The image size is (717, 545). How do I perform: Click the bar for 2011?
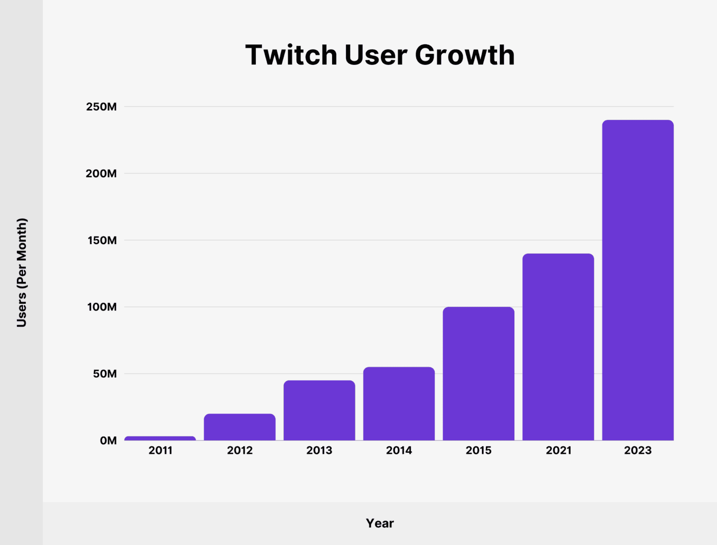(160, 438)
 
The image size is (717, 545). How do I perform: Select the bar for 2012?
(239, 427)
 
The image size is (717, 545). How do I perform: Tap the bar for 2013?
(319, 410)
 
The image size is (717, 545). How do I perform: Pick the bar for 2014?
(399, 404)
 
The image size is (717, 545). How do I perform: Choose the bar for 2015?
(478, 374)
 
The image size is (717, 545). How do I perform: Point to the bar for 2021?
(558, 347)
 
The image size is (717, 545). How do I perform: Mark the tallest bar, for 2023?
(638, 280)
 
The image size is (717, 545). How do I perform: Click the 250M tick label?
(101, 107)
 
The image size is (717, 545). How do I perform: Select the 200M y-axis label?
(101, 173)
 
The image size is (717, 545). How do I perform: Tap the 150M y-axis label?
(101, 240)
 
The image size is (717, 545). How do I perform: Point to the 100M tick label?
(102, 307)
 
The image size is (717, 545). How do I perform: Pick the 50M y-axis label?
(105, 374)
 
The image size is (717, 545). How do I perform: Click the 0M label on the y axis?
(108, 440)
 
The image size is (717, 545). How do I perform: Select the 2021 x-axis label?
(558, 450)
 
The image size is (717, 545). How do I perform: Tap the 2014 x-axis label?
(399, 450)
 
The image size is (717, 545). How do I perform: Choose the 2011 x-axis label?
(160, 450)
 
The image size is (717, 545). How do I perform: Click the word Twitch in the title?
(291, 55)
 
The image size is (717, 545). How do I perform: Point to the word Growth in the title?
(465, 55)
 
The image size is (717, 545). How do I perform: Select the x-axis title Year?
(380, 523)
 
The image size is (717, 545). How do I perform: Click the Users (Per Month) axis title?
(21, 272)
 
